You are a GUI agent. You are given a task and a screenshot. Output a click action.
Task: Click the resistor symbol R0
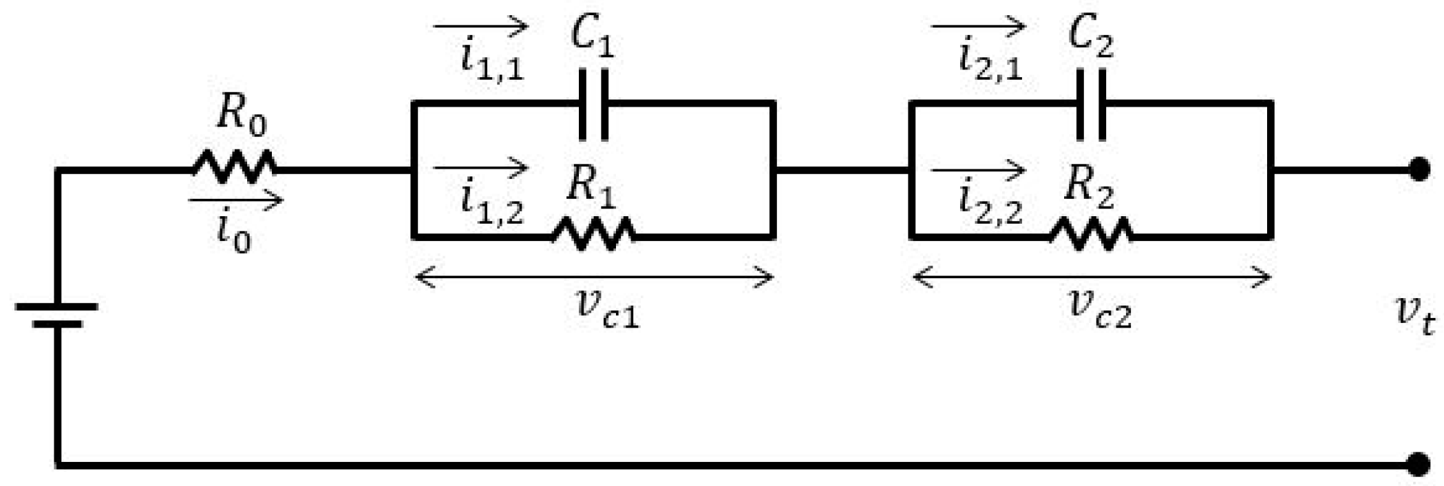234,167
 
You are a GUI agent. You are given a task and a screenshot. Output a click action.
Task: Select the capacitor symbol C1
593,104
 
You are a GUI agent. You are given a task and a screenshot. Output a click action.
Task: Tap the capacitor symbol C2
1092,104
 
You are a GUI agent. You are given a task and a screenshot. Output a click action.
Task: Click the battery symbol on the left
57,314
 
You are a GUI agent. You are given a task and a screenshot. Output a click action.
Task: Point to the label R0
241,114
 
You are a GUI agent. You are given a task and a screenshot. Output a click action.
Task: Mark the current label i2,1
990,60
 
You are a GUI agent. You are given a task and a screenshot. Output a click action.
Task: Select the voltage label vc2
1100,310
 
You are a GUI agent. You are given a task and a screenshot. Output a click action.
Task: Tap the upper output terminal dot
1419,169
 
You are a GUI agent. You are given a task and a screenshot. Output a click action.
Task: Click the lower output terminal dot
1419,465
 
